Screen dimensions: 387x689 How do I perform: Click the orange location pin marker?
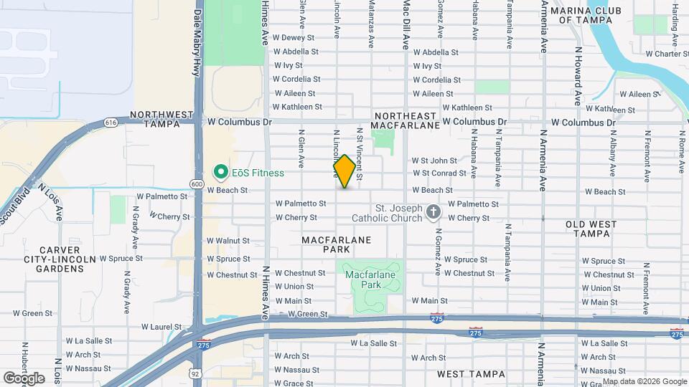344,172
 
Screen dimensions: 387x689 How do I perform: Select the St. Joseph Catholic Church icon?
433,212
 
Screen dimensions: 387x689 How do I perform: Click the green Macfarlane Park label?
371,279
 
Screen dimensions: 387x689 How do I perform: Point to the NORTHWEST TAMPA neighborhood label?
161,119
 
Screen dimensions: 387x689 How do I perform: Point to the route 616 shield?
110,123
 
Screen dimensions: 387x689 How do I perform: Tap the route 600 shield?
197,184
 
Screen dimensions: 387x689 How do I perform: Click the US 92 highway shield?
195,373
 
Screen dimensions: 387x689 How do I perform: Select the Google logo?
24,378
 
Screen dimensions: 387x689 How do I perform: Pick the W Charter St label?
667,54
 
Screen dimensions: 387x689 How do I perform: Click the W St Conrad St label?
439,173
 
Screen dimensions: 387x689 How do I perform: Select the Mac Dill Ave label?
406,25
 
